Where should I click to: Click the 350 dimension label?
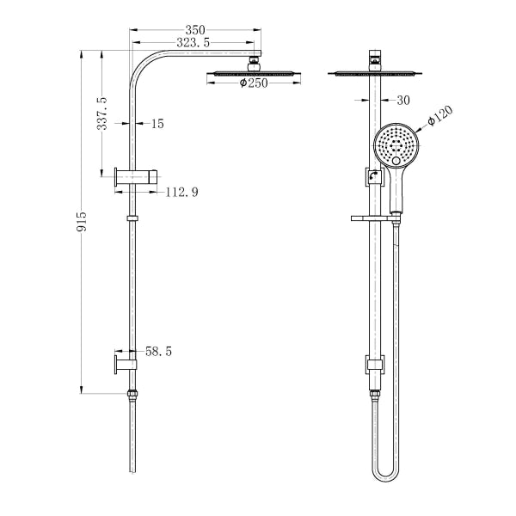coord(194,28)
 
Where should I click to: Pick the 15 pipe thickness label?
coord(157,124)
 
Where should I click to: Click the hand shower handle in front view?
coord(397,189)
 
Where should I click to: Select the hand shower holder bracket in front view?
coord(372,178)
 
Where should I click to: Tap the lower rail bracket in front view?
coord(372,365)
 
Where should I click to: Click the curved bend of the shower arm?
coord(143,64)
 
